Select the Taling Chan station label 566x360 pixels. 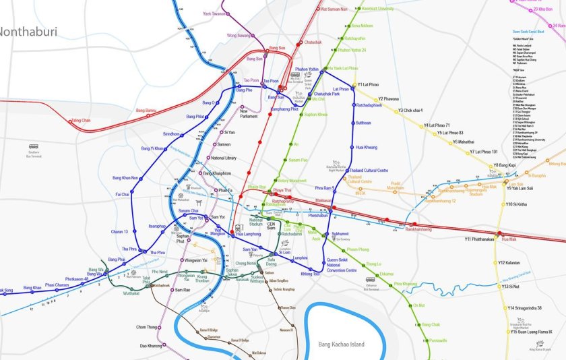81,120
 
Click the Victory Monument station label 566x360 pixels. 292,180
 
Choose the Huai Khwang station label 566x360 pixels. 366,147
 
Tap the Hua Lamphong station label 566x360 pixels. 248,234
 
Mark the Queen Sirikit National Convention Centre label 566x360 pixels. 342,265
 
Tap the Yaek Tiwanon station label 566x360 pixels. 215,13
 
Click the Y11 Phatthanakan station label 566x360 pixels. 479,239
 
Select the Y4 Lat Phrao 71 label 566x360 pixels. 437,125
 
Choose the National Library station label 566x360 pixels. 223,158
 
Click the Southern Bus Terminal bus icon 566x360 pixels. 34,146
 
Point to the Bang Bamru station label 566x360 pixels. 146,110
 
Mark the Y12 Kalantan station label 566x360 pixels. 509,263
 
